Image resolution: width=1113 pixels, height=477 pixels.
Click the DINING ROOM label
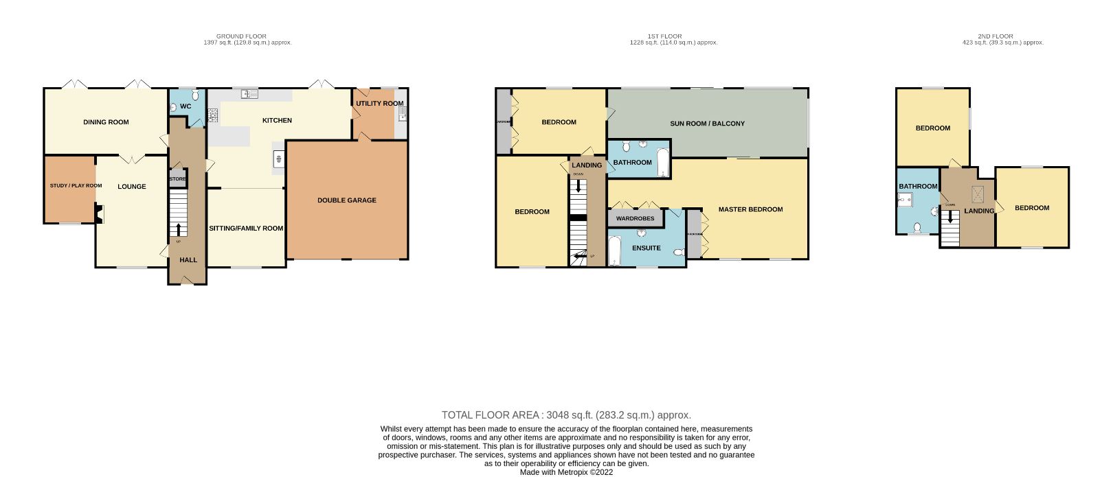click(x=106, y=122)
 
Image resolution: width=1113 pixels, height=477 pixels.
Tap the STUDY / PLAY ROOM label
click(x=76, y=186)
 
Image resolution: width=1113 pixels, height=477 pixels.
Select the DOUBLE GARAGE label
click(x=346, y=200)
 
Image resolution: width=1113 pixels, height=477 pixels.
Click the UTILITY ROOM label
click(x=379, y=104)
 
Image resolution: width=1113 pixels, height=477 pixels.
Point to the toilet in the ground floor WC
click(x=195, y=95)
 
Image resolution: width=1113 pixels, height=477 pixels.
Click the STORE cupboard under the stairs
click(x=177, y=179)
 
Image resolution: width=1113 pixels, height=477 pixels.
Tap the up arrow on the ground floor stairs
click(x=179, y=229)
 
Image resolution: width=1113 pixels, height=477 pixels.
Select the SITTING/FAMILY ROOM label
click(x=246, y=229)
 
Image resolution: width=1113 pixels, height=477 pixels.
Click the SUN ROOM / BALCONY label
click(x=707, y=124)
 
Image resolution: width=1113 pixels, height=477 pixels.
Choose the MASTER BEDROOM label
click(x=750, y=209)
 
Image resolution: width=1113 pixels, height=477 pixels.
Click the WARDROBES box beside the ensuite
click(x=635, y=218)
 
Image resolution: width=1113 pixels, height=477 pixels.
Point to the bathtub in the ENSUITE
click(x=615, y=251)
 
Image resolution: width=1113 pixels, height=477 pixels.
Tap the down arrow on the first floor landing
click(x=578, y=185)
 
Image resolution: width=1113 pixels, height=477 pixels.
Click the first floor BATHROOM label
click(x=632, y=163)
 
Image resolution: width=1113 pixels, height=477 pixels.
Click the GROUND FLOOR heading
click(x=241, y=36)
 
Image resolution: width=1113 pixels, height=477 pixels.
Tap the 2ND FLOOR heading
click(x=996, y=36)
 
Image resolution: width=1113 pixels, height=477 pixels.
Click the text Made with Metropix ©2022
click(x=566, y=472)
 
